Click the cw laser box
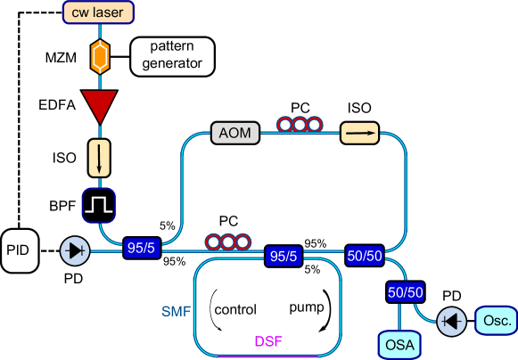(100, 12)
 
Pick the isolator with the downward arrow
(100, 157)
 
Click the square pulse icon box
(100, 205)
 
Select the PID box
(21, 251)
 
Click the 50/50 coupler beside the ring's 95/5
(366, 257)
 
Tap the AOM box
(235, 135)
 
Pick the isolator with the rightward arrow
(360, 134)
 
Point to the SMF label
(176, 310)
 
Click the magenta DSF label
(268, 341)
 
